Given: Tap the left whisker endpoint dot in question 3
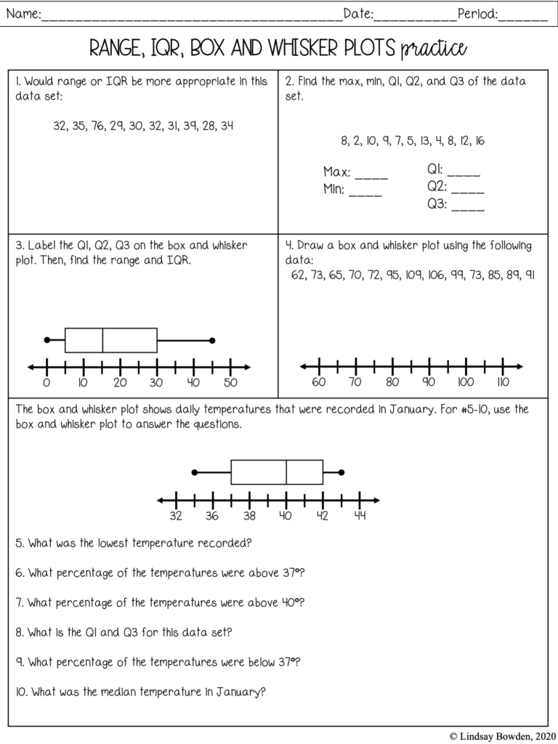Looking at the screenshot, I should coord(47,340).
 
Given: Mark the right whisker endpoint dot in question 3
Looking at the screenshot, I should coord(212,340).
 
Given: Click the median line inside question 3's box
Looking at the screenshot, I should coord(102,340).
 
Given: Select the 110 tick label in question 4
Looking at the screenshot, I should coord(503,383).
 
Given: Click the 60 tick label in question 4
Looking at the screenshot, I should coord(319,383).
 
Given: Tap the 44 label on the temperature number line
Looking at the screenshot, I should coord(360,517).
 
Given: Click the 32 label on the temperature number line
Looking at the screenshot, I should coord(175,517).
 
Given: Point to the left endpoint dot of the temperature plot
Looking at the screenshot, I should coord(194,472).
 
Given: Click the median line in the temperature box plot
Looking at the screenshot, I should coord(286,472).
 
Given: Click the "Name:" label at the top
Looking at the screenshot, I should coord(23,13).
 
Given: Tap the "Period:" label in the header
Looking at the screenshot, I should coord(477,13).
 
